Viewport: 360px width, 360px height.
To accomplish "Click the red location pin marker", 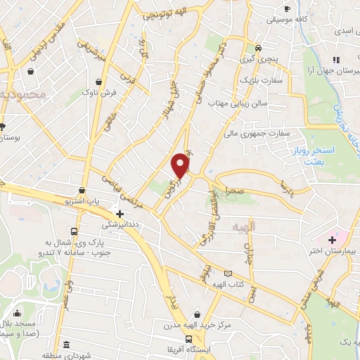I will pyautogui.click(x=181, y=165).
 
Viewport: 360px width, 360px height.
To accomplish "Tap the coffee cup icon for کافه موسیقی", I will pyautogui.click(x=286, y=8).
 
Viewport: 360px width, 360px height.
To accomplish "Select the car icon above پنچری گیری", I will pyautogui.click(x=259, y=48).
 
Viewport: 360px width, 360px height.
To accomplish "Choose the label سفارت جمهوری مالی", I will pyautogui.click(x=257, y=131).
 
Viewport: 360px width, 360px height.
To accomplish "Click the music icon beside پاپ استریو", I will pyautogui.click(x=83, y=190).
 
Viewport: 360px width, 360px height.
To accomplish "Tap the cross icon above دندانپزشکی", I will pyautogui.click(x=120, y=214).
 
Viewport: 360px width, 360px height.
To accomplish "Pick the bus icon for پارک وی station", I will pyautogui.click(x=74, y=231).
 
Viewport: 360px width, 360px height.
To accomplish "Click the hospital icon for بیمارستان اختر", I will pyautogui.click(x=333, y=239).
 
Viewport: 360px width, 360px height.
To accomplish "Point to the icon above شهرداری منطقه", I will pyautogui.click(x=65, y=345).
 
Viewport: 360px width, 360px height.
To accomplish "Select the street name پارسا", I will pyautogui.click(x=285, y=187).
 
